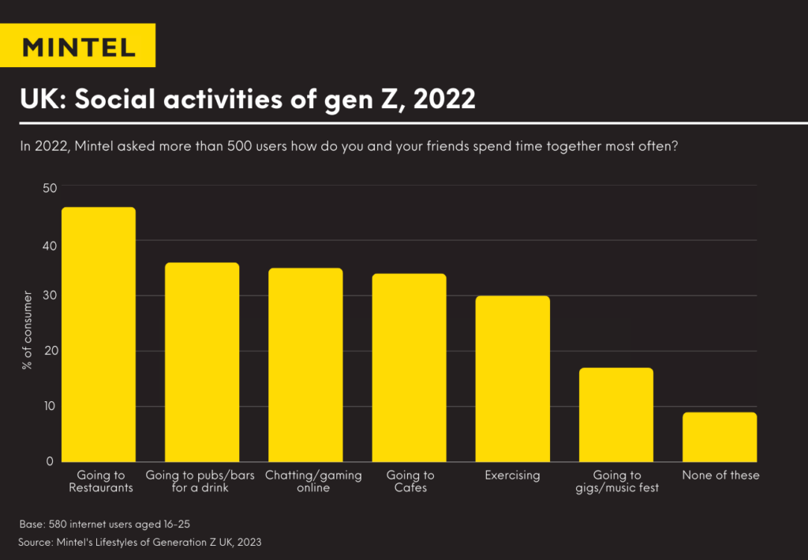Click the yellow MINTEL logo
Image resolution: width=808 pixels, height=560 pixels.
[x=78, y=45]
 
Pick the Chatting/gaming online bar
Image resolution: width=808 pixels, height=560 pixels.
[x=305, y=365]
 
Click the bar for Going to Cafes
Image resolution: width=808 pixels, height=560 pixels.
[x=409, y=367]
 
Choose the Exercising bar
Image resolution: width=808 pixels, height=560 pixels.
[x=512, y=378]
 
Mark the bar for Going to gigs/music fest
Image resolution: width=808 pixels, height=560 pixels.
[x=616, y=415]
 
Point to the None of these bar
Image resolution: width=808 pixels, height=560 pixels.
[x=720, y=437]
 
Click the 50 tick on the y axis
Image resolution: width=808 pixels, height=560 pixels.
[x=50, y=188]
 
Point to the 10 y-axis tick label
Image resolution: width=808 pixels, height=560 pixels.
[x=50, y=406]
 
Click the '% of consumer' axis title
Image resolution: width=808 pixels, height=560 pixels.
[x=28, y=330]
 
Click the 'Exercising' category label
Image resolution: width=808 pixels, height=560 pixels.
[x=512, y=475]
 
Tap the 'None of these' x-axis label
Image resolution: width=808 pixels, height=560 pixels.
[x=720, y=475]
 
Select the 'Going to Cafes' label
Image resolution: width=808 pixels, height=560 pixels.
[x=410, y=481]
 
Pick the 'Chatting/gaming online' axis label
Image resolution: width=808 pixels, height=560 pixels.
[x=313, y=481]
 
